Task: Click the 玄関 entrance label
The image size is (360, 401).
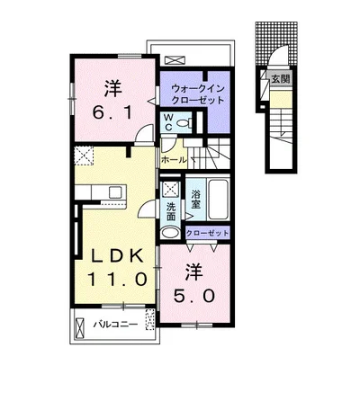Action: (x=281, y=79)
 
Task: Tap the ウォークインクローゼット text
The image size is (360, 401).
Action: (x=198, y=94)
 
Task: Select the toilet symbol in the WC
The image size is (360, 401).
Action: (x=184, y=122)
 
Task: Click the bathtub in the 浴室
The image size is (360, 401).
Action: (x=218, y=200)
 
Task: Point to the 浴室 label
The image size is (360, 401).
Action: (x=196, y=200)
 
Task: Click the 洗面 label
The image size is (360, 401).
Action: (x=171, y=211)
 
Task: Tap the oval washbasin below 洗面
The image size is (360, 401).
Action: (x=170, y=233)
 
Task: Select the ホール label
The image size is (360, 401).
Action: (x=174, y=160)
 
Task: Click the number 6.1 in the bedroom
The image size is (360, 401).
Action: (x=112, y=113)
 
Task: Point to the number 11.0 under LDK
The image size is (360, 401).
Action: (x=117, y=280)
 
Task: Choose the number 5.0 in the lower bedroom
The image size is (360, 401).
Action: (x=194, y=296)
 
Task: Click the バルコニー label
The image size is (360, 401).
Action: (x=115, y=325)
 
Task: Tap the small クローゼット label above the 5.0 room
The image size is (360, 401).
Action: (x=207, y=233)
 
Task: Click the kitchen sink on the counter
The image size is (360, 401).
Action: (x=115, y=192)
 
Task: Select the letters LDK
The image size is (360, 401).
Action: (x=117, y=256)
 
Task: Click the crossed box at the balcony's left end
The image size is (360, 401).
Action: (x=79, y=327)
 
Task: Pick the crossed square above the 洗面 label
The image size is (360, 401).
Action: (x=171, y=189)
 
